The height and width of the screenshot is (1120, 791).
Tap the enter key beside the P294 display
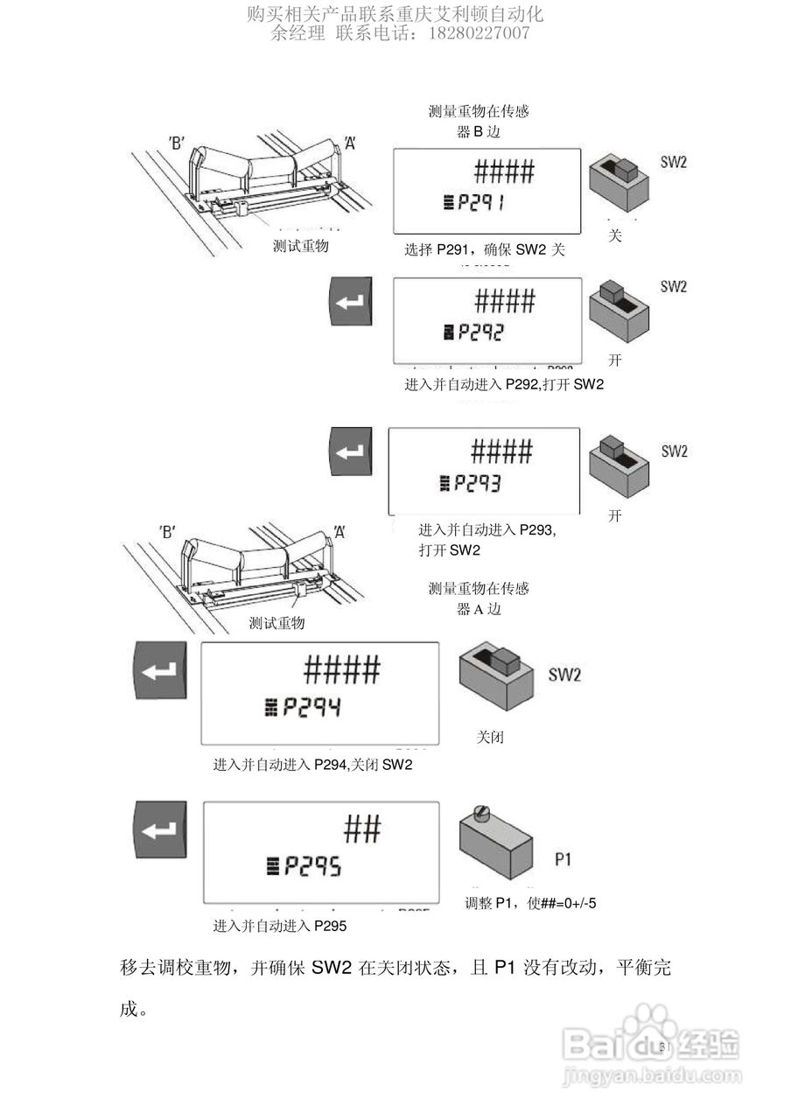click(159, 670)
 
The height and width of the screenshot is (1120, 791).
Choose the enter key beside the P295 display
click(159, 831)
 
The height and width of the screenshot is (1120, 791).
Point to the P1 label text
click(563, 859)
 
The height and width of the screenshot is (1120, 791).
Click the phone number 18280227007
click(478, 34)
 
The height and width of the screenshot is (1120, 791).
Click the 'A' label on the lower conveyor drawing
click(339, 531)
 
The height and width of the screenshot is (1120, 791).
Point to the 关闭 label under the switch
click(490, 738)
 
